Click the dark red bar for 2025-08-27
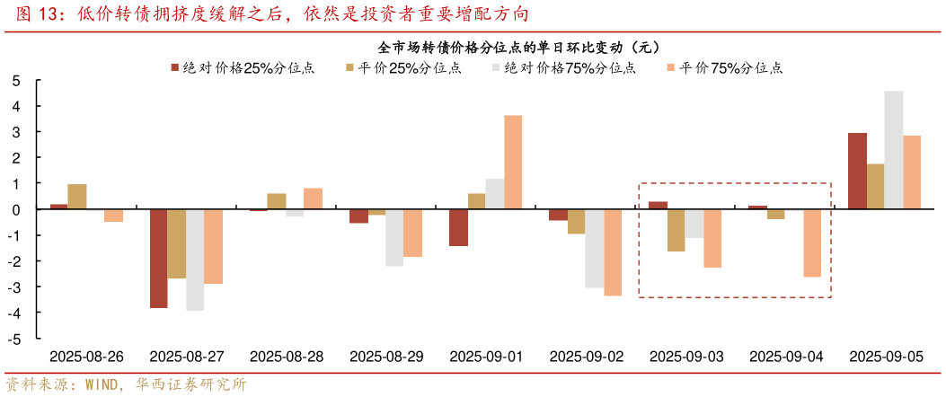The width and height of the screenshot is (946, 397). click(158, 259)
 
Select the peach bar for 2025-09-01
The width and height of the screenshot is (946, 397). click(512, 163)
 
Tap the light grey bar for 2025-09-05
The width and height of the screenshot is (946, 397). click(893, 150)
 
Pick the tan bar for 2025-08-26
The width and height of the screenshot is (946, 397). click(77, 197)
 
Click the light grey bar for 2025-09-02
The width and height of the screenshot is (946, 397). click(594, 249)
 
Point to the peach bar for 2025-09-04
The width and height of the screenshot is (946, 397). click(811, 243)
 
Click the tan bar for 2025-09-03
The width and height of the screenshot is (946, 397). click(676, 230)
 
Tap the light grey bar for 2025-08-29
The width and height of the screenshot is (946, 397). click(394, 238)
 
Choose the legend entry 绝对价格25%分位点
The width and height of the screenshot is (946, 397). click(243, 67)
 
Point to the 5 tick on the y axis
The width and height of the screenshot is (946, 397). click(16, 81)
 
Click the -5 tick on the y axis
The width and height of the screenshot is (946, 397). click(14, 340)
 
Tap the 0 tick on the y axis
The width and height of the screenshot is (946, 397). click(16, 210)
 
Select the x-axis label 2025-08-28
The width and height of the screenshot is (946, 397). click(286, 357)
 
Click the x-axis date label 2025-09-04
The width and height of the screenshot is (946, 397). click(786, 357)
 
